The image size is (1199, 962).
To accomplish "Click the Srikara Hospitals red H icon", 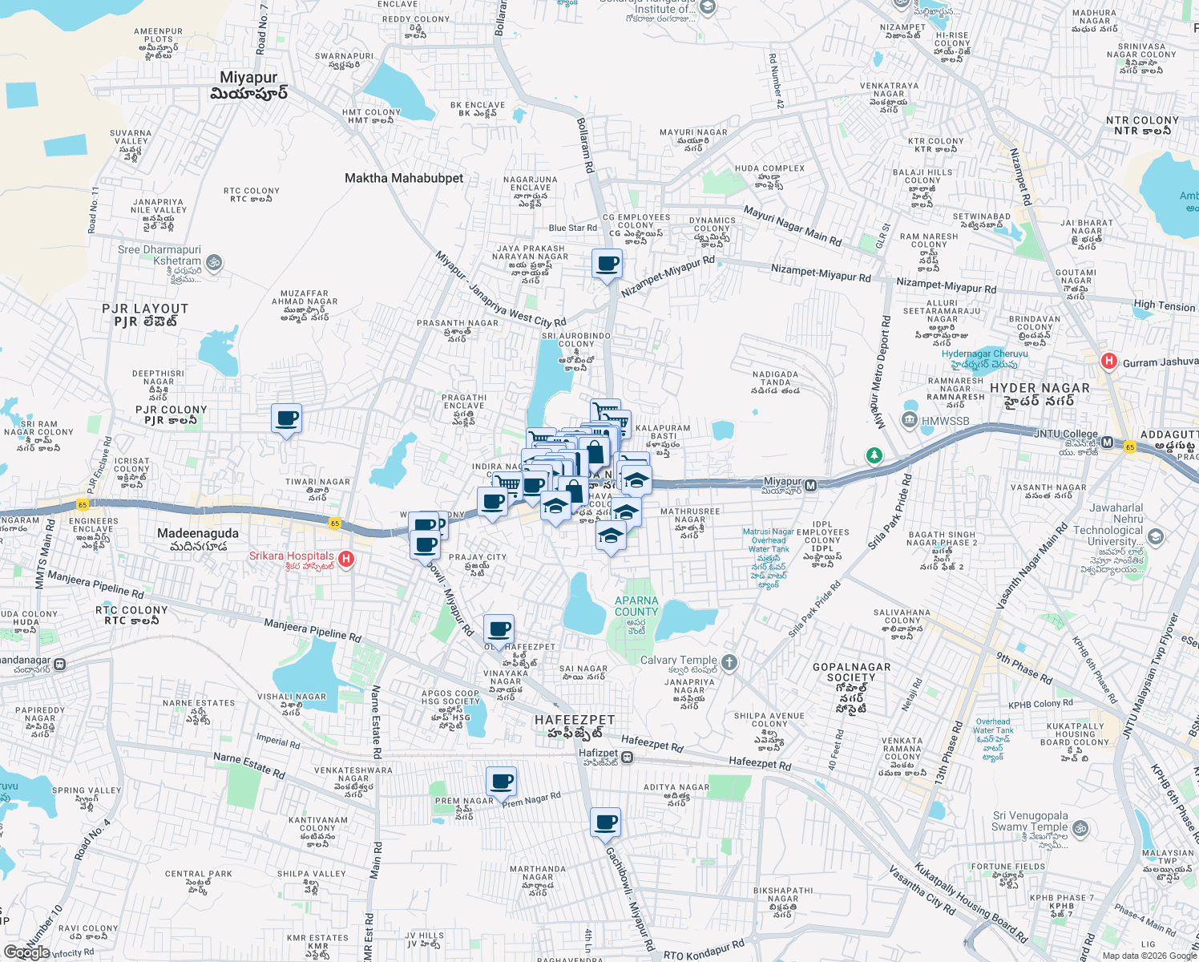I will click(346, 559).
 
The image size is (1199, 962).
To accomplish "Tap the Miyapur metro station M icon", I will click(811, 485).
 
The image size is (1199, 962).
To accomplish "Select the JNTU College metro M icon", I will click(1107, 442).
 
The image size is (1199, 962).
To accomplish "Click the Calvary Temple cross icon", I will click(729, 662).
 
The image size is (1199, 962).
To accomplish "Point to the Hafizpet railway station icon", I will click(628, 757).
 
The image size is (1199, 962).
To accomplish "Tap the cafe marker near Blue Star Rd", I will click(607, 264).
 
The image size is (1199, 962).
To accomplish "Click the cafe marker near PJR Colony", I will click(286, 418).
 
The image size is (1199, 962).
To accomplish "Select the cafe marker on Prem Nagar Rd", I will click(501, 782).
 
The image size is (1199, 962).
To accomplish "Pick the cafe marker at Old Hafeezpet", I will click(499, 629).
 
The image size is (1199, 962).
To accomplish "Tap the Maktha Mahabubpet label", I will click(404, 178).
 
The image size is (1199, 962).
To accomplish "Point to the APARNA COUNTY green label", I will click(636, 606).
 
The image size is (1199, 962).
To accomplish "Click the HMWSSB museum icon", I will click(909, 420).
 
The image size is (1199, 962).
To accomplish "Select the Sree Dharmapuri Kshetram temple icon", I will click(213, 262).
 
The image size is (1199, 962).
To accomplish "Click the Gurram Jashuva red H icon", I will click(1109, 362).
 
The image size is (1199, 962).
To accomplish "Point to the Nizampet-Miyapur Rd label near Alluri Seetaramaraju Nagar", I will click(946, 285).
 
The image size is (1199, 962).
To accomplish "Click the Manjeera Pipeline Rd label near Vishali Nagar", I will click(313, 630).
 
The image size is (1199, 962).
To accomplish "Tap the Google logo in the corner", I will click(26, 952).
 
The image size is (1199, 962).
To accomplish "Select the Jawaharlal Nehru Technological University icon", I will click(1155, 536).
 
